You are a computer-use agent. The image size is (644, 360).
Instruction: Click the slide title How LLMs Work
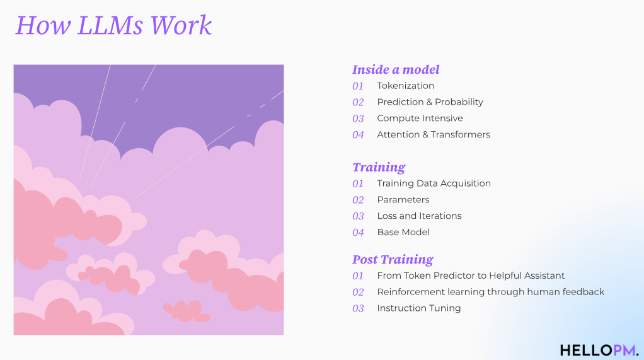[x=114, y=25]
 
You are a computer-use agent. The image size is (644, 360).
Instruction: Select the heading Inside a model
[x=396, y=69]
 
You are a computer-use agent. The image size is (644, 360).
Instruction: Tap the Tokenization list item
[x=405, y=86]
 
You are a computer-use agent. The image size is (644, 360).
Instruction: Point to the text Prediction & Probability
[x=430, y=102]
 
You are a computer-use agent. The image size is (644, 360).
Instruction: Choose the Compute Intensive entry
[x=420, y=119]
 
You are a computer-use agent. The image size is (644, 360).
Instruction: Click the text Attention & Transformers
[x=434, y=134]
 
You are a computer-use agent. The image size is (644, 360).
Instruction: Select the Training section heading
[x=379, y=167]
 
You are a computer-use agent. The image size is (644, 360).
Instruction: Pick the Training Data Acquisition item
[x=434, y=183]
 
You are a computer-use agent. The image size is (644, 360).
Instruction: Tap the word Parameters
[x=403, y=200]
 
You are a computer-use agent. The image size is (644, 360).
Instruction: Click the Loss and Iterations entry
[x=419, y=216]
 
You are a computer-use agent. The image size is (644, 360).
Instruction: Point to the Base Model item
[x=403, y=232]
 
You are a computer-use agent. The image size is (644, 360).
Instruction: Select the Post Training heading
[x=393, y=259]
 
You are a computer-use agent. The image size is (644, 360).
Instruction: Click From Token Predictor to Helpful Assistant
[x=471, y=276]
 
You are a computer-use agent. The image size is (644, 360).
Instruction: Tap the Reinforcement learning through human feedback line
[x=490, y=292]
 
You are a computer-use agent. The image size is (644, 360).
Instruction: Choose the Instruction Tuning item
[x=418, y=308]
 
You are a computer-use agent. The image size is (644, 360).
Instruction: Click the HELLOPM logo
[x=599, y=350]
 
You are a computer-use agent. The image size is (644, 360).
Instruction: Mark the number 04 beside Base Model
[x=358, y=233]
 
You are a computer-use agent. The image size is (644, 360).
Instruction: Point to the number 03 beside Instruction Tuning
[x=358, y=309]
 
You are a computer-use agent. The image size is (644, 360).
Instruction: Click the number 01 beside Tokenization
[x=358, y=86]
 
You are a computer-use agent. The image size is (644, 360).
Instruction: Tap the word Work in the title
[x=181, y=25]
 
